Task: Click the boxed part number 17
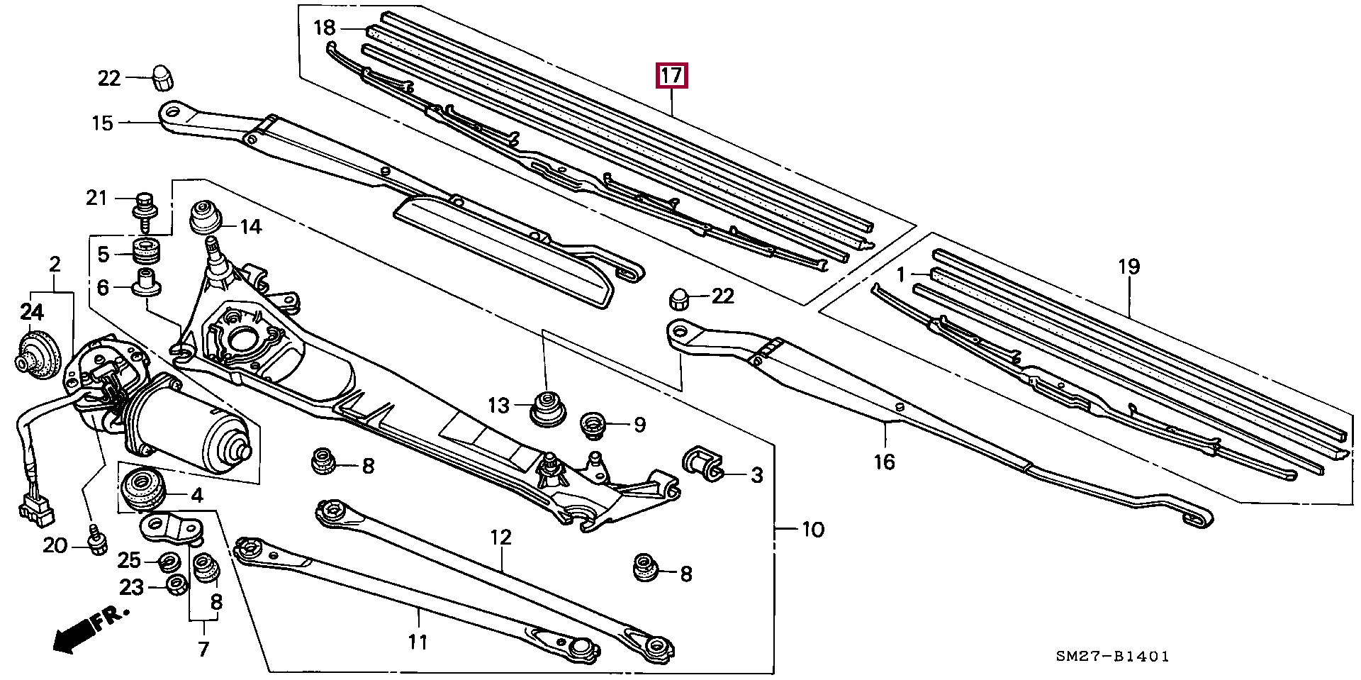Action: click(671, 74)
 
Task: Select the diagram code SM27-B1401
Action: click(1112, 657)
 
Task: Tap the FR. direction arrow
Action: click(89, 629)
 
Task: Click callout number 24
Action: click(32, 311)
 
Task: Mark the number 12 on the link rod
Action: click(500, 537)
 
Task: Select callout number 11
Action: click(418, 642)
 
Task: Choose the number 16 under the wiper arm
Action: click(884, 462)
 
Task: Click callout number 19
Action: click(1128, 267)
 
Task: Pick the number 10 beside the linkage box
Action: click(813, 529)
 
